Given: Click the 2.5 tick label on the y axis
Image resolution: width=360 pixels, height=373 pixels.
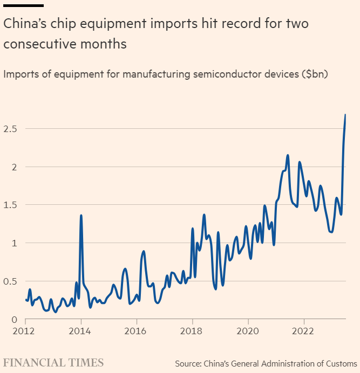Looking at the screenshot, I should [10, 129].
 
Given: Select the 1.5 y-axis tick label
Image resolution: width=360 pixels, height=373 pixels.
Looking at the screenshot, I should [10, 205].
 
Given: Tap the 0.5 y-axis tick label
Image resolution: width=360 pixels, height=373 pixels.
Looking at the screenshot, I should [10, 281].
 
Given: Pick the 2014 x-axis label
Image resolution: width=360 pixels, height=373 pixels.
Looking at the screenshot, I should [81, 330].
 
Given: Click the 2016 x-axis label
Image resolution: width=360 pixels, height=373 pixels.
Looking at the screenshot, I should [137, 330].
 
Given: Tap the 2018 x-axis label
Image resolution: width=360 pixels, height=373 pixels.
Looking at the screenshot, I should [192, 330].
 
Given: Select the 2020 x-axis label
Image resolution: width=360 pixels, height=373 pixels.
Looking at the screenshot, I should [248, 330].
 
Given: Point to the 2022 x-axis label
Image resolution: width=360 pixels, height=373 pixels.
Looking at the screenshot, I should [303, 330].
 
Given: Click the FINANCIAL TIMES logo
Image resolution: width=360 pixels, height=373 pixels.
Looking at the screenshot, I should [53, 362].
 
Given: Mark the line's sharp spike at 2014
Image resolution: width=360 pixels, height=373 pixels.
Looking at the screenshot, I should [81, 216].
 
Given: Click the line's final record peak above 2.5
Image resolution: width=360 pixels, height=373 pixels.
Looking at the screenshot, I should [345, 115].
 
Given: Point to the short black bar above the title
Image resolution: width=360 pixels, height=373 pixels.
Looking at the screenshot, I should [23, 5].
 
